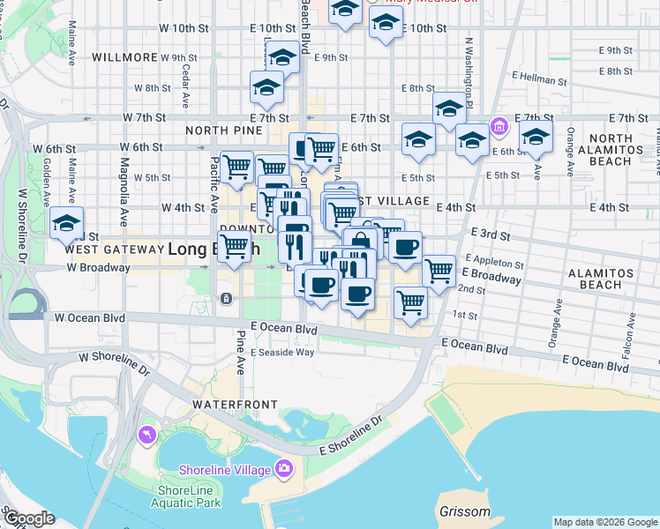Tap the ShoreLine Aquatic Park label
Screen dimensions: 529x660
point(189,496)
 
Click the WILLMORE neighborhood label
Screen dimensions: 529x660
point(124,57)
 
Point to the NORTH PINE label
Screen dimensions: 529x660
point(224,130)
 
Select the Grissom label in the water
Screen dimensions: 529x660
point(464,512)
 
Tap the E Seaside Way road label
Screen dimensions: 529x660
point(282,352)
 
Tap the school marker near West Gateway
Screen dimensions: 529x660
point(66,225)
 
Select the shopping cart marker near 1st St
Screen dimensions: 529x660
point(410,302)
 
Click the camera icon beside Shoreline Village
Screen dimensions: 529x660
point(284,468)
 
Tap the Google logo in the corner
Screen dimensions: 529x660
point(30,518)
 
